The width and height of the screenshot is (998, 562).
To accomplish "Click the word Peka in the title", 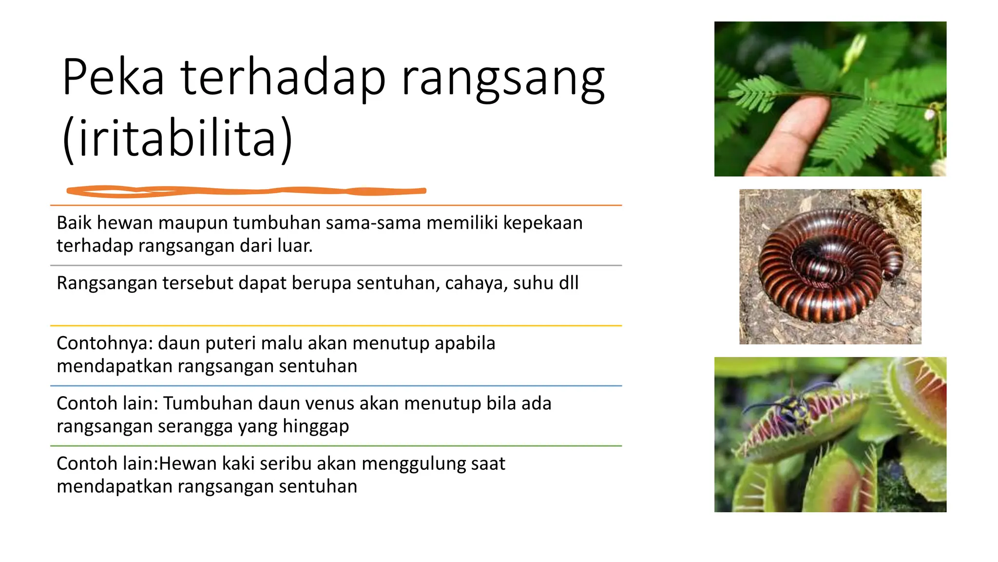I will (113, 77).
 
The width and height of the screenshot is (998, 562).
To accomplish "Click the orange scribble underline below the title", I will (246, 191).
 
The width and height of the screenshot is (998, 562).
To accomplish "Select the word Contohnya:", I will (105, 343).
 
